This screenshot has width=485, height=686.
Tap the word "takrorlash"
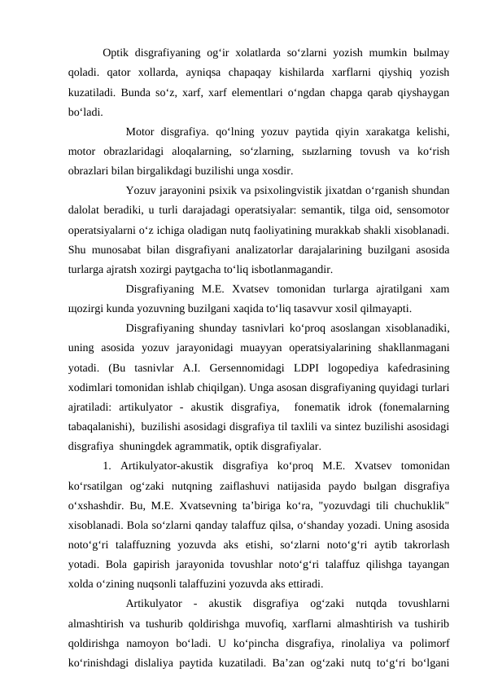[x=422, y=543]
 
